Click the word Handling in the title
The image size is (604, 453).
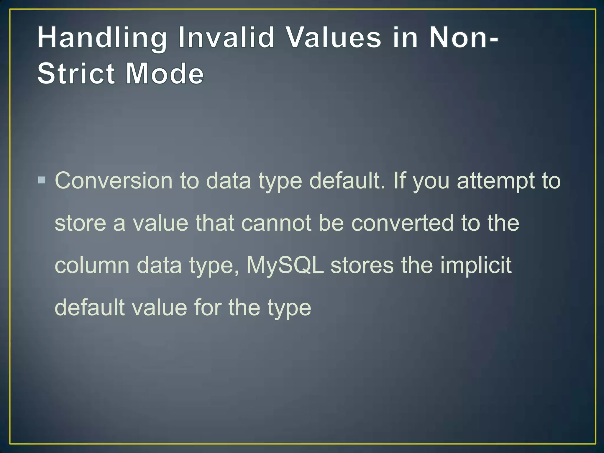[102, 38]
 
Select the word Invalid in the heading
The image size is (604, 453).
[226, 38]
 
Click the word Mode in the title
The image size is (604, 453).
[165, 73]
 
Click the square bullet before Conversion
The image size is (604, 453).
[42, 180]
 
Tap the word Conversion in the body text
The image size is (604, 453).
[114, 180]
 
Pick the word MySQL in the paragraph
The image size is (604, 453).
[285, 265]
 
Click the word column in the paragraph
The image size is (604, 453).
[92, 265]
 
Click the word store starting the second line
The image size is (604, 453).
[80, 223]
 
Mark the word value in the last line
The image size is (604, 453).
[159, 308]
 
